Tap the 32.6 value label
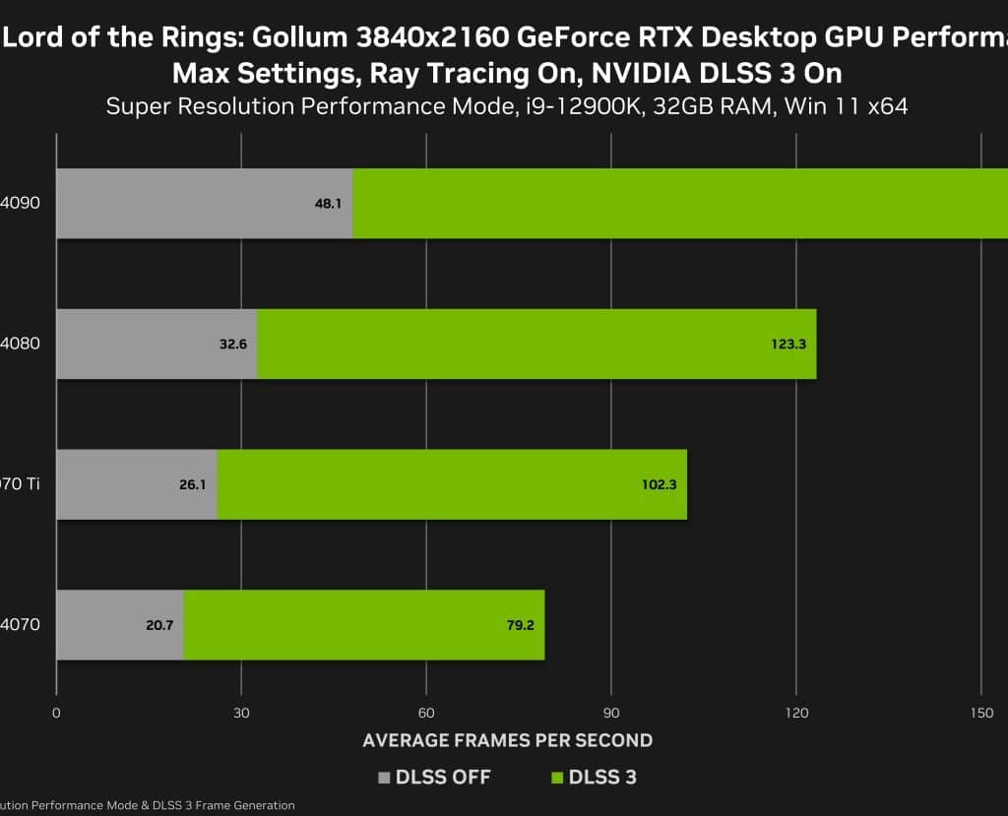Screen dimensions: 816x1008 [231, 345]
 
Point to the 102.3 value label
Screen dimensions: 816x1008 [660, 485]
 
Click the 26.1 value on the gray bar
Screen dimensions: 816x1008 [192, 485]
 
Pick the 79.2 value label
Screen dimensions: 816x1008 [519, 625]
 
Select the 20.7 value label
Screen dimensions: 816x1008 [158, 625]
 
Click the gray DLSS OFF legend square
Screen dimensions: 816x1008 [385, 778]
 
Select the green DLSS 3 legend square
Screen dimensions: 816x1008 [557, 778]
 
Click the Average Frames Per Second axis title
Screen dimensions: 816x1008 [507, 740]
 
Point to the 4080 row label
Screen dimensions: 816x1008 [21, 344]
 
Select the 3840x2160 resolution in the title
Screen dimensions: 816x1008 [427, 38]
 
